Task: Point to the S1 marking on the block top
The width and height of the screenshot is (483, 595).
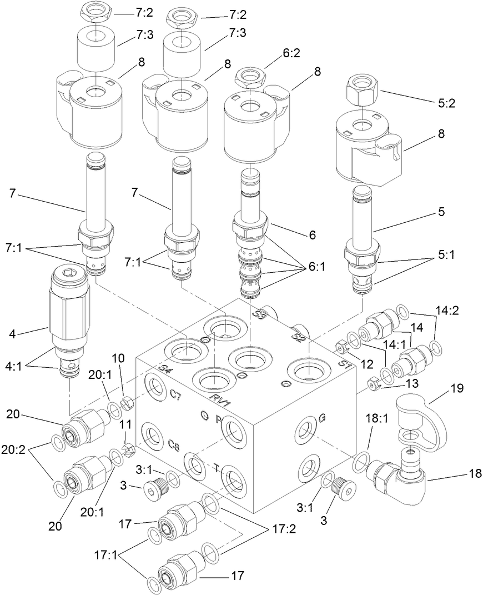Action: tap(344, 366)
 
